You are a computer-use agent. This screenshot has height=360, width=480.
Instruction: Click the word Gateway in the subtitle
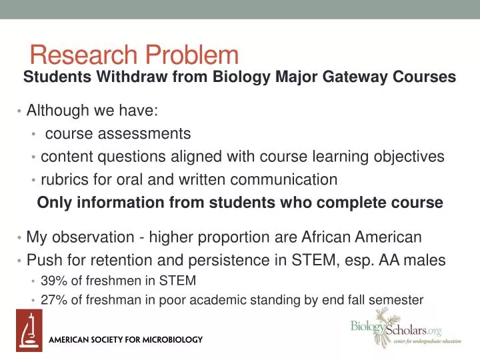click(344, 77)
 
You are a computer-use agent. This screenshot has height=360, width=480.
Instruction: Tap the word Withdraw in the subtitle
click(133, 77)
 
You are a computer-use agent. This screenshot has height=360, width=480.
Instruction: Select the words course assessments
click(118, 134)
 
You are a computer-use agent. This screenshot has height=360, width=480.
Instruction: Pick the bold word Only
click(53, 203)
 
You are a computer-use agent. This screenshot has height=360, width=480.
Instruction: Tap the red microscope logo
click(29, 331)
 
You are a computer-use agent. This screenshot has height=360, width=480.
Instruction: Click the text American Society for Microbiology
click(127, 340)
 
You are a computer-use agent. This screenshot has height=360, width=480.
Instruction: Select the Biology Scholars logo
click(396, 331)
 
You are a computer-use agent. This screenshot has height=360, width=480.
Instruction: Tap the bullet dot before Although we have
click(20, 111)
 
